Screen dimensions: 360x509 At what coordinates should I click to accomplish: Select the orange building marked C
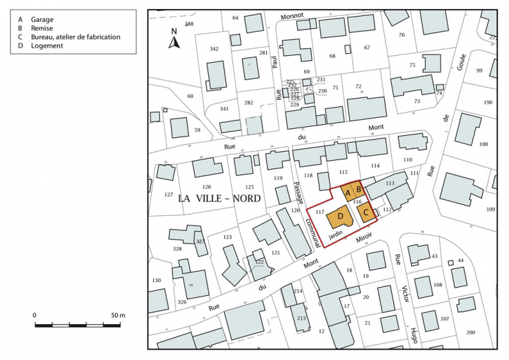(x=366, y=213)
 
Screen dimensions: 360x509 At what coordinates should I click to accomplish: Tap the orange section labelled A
(x=348, y=192)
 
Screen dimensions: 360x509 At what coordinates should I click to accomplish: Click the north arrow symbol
(x=174, y=41)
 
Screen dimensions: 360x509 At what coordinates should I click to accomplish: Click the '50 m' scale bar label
(x=118, y=315)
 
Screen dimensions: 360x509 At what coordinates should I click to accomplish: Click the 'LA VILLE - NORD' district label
(x=219, y=198)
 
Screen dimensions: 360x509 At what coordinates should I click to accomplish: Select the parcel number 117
(x=319, y=213)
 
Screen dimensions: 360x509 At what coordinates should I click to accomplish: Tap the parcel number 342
(x=214, y=49)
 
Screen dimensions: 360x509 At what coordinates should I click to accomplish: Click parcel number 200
(x=470, y=333)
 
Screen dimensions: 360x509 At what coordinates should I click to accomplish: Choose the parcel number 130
(x=157, y=280)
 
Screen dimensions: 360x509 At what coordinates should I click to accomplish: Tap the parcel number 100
(x=483, y=144)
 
